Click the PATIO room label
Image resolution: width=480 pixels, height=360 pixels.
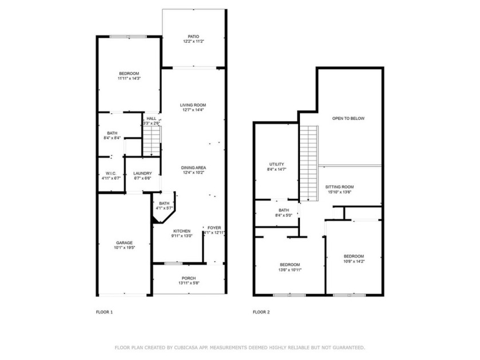[193, 37]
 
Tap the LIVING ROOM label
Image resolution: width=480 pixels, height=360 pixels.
[193, 105]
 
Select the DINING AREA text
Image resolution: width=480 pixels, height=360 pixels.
[194, 168]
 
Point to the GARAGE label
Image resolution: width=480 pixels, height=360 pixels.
[125, 243]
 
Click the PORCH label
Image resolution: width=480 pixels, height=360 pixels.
[189, 278]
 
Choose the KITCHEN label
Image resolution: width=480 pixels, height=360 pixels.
[182, 231]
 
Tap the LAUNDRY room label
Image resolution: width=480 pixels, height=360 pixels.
[143, 173]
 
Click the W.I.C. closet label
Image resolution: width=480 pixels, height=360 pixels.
[111, 173]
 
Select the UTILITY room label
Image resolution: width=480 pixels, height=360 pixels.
[277, 164]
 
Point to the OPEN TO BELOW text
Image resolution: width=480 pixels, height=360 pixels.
[349, 118]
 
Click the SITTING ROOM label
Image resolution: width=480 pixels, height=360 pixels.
[339, 187]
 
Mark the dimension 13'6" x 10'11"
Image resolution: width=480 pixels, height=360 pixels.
[290, 270]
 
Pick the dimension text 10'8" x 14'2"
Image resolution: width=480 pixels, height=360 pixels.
[354, 262]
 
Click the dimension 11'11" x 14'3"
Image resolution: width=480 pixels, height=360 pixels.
[129, 78]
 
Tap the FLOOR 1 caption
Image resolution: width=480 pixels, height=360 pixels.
[105, 312]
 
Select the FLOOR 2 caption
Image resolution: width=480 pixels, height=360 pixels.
[261, 312]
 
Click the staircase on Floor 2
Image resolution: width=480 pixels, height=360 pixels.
[309, 163]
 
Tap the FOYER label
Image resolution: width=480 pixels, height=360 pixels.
[214, 228]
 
